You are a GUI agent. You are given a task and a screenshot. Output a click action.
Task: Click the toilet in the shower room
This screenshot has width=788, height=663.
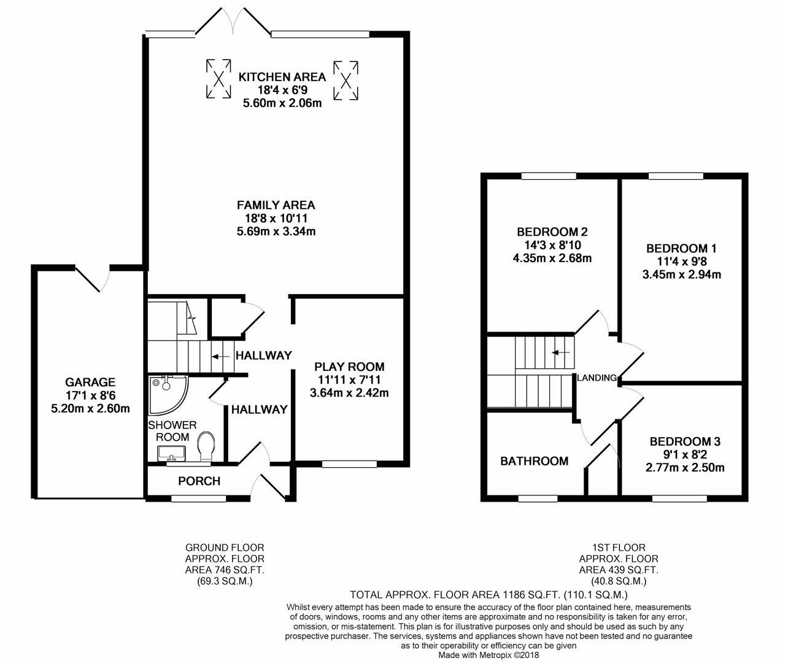click(206, 447)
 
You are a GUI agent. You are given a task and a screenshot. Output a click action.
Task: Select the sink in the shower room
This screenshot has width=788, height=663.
click(172, 453)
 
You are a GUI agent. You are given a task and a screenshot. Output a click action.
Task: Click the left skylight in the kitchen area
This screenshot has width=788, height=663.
click(218, 79)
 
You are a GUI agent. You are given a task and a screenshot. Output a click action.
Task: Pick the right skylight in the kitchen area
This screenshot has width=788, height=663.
click(346, 80)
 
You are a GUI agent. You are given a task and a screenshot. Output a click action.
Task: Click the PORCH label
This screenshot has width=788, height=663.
click(199, 481)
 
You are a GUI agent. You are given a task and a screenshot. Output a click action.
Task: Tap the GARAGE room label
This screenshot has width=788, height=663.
click(90, 382)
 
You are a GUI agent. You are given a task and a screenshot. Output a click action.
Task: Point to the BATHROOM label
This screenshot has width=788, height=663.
click(535, 461)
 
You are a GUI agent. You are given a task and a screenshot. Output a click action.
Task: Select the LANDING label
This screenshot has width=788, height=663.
click(597, 378)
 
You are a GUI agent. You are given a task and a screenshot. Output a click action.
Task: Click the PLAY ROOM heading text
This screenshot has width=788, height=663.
click(349, 366)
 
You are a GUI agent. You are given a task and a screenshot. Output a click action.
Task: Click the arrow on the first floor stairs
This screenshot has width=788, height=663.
click(561, 352)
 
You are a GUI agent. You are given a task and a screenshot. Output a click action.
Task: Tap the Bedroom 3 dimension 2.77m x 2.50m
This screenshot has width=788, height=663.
click(685, 468)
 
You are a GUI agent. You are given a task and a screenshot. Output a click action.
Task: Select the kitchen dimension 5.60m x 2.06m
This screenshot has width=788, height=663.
click(282, 103)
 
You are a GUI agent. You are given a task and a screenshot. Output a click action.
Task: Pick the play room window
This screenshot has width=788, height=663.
click(349, 463)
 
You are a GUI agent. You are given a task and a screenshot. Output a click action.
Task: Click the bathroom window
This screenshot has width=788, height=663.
click(538, 498)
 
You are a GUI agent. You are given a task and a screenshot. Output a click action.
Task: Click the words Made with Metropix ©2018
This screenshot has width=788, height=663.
click(489, 655)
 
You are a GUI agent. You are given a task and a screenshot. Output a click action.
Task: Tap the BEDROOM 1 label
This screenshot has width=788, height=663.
click(682, 249)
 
